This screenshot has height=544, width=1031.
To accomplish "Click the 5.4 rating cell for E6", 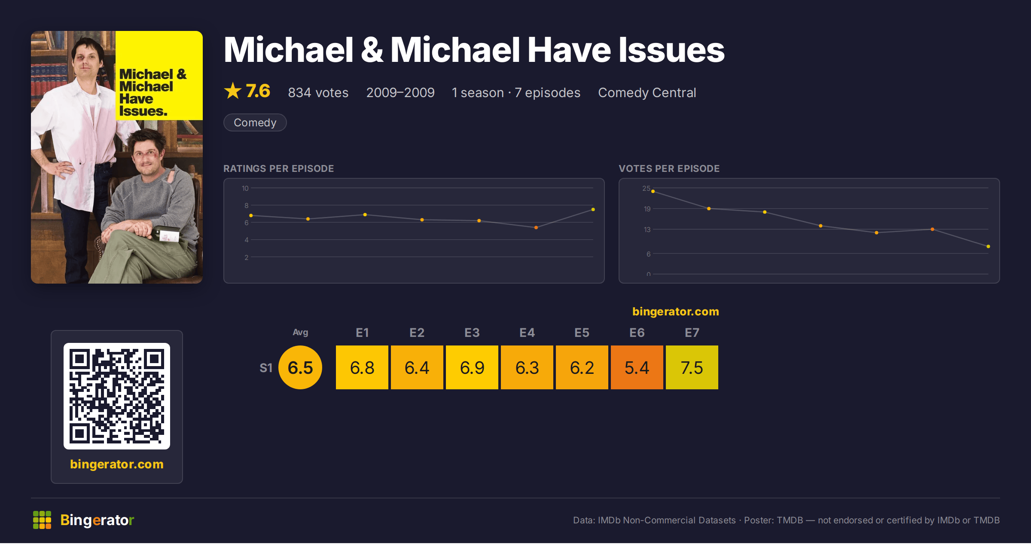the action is [x=637, y=367].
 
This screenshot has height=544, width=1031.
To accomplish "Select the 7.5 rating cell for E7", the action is [x=692, y=367].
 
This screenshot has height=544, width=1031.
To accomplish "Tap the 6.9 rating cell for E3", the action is [x=472, y=367].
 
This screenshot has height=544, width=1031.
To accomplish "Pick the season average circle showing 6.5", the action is [x=300, y=367].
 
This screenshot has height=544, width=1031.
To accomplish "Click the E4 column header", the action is [x=527, y=333].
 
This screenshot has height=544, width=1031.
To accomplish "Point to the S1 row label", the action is [x=266, y=368].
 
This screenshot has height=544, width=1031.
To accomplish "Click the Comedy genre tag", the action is [x=255, y=122].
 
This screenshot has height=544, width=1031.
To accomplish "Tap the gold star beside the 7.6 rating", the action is [x=233, y=91].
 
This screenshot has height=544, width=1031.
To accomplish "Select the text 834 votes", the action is [x=318, y=92].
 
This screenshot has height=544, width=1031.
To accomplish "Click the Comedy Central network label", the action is [x=647, y=92].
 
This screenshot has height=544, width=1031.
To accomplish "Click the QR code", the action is [x=117, y=396].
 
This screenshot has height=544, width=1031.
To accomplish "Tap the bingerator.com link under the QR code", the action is [x=117, y=464].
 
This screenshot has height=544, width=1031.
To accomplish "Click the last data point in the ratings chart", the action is [x=593, y=209].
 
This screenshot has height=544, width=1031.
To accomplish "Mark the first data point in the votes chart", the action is [x=653, y=191].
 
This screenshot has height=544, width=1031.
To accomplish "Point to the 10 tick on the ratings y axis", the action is [x=245, y=188].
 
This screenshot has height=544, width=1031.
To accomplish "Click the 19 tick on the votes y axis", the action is [x=647, y=209].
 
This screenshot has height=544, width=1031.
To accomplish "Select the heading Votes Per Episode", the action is [x=669, y=168].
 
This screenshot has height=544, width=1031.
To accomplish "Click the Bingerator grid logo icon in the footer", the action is [x=42, y=520].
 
